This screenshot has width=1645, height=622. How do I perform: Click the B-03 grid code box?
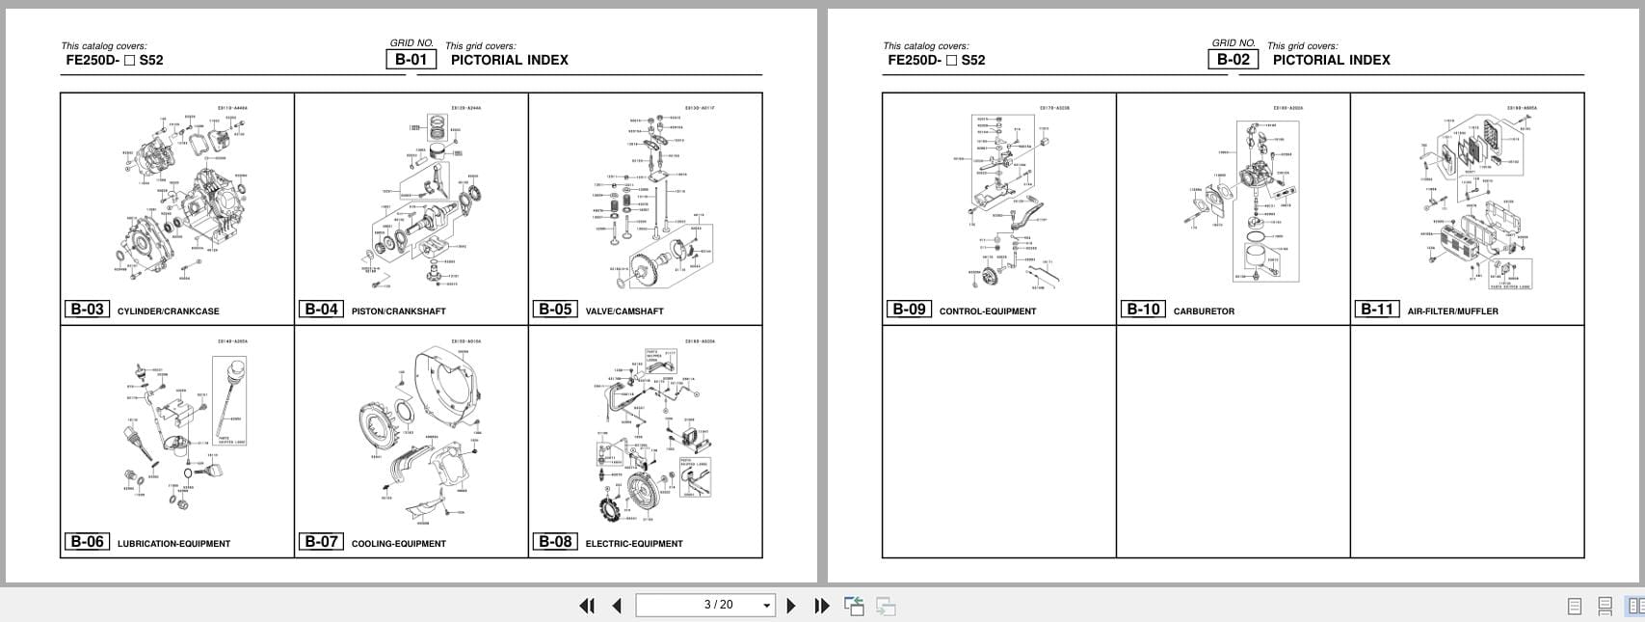click(87, 310)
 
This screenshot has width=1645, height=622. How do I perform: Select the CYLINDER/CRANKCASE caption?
click(168, 311)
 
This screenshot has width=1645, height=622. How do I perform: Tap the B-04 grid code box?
click(321, 310)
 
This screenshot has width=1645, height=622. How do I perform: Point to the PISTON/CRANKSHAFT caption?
click(398, 311)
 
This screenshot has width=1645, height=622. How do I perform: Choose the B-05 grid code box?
click(555, 310)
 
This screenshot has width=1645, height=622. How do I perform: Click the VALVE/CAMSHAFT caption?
click(624, 311)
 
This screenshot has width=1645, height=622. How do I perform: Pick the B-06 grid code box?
click(87, 542)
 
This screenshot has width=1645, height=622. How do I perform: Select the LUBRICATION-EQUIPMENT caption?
click(173, 544)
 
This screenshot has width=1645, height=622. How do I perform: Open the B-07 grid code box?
click(321, 542)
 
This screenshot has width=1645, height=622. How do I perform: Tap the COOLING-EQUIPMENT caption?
click(398, 544)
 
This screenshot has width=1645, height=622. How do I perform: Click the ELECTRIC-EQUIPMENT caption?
click(634, 544)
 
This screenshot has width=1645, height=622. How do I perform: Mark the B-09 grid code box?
click(909, 310)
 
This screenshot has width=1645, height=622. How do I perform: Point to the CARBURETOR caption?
click(1204, 311)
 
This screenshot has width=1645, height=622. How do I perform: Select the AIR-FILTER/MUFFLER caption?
click(1452, 311)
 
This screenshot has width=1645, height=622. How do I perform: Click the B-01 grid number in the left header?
click(411, 59)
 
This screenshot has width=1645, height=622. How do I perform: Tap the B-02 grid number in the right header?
click(1233, 59)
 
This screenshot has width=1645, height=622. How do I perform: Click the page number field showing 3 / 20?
click(705, 605)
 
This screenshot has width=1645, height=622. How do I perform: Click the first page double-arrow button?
click(586, 606)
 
